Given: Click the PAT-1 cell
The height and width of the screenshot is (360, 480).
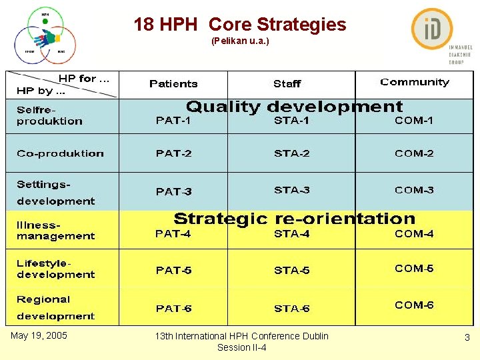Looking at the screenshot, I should tap(173, 121).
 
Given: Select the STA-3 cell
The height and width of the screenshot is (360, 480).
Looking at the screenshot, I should tap(291, 190).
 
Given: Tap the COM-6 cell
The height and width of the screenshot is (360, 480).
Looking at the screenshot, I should tap(414, 305).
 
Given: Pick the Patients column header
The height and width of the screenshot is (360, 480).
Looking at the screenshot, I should tap(173, 84).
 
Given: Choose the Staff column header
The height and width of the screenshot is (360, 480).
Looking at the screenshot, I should tap(287, 84).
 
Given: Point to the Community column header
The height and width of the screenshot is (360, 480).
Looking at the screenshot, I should tap(415, 83).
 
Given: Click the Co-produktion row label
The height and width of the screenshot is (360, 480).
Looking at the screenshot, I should tap(60, 153).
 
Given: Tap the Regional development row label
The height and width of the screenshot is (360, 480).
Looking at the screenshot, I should tap(56, 307).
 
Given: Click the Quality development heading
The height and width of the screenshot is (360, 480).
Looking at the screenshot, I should tap(294, 107).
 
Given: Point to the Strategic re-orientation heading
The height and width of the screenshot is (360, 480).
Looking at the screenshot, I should tap(294, 219).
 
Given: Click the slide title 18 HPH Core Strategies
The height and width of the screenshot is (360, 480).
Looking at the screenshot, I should tap(240, 25).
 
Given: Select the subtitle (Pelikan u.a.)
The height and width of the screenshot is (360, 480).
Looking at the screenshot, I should tap(240, 41).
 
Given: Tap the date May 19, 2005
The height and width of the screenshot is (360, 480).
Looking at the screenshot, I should tap(39, 335).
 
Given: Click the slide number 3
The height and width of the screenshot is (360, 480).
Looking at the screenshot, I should tap(467, 338).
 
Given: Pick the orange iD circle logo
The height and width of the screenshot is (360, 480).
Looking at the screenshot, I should tap(432, 29).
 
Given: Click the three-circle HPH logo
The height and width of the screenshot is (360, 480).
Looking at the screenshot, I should tap(45, 36).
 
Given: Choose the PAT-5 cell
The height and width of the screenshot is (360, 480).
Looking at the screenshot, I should tap(173, 270).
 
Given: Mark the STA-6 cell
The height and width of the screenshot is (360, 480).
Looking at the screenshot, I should tap(291, 308).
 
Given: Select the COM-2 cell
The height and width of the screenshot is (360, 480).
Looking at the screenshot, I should tap(414, 153).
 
